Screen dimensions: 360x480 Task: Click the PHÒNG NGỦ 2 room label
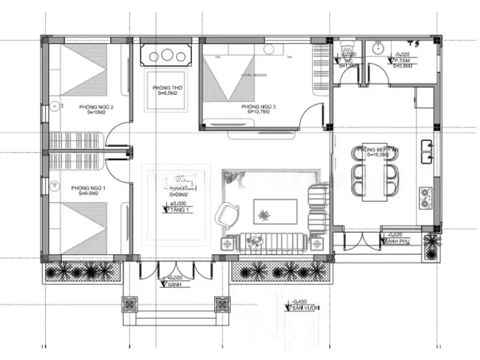97,107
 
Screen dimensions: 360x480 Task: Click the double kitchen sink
427,152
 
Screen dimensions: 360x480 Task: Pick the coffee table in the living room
264,211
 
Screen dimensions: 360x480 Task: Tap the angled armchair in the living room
229,213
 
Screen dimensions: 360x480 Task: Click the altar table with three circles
167,56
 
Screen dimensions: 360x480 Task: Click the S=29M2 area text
179,194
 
